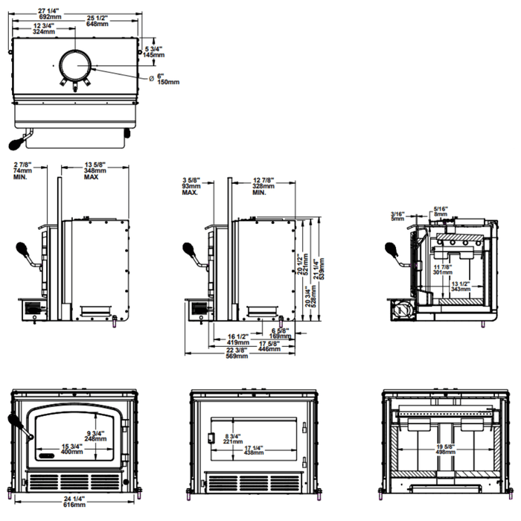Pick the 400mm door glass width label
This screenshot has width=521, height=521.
click(x=72, y=452)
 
